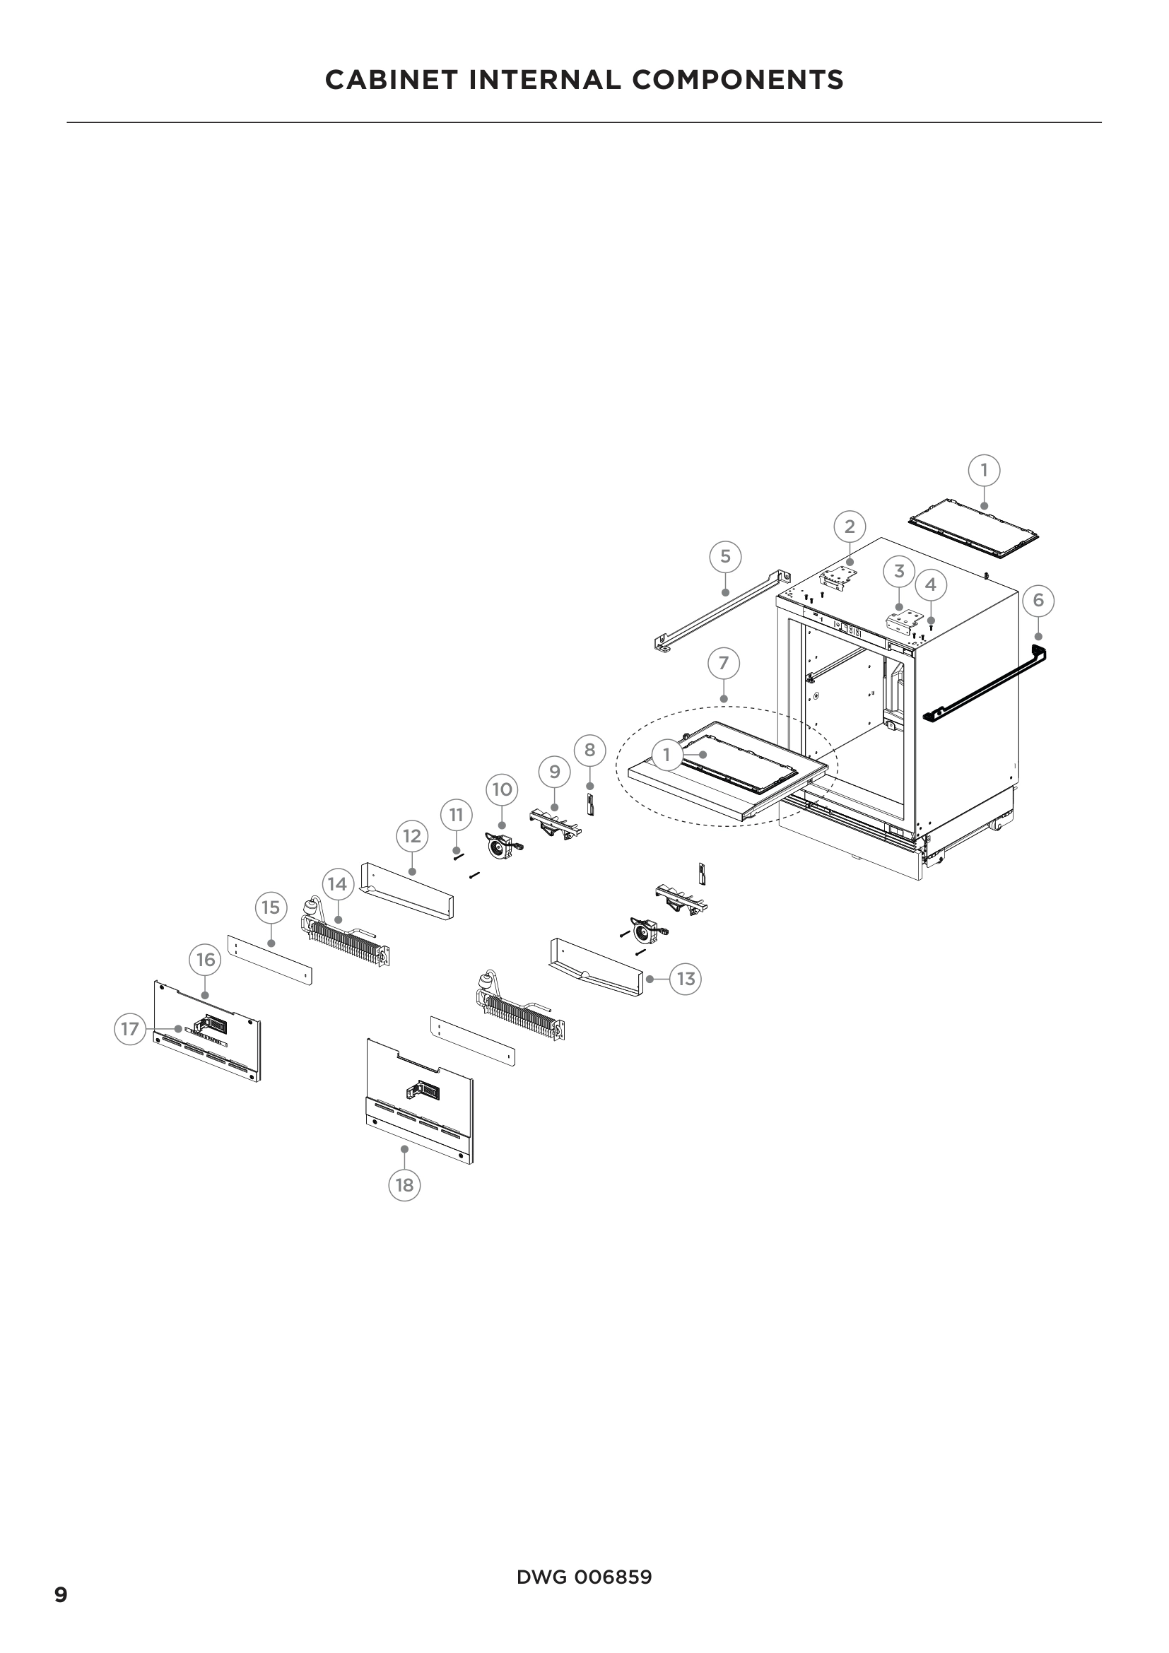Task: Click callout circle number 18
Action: [x=404, y=1184]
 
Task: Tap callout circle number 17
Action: [x=129, y=1029]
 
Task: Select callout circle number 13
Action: [x=686, y=979]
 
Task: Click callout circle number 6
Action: [x=1038, y=601]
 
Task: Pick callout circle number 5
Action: [x=725, y=556]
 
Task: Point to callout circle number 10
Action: [x=502, y=790]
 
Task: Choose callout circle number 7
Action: [x=724, y=663]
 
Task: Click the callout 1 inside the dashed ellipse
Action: [x=666, y=755]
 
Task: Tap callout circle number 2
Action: [x=850, y=527]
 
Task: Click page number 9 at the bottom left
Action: [x=61, y=1596]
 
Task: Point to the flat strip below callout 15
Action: [x=270, y=960]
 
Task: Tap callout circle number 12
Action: [x=412, y=836]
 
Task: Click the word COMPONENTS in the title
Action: [x=737, y=79]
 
